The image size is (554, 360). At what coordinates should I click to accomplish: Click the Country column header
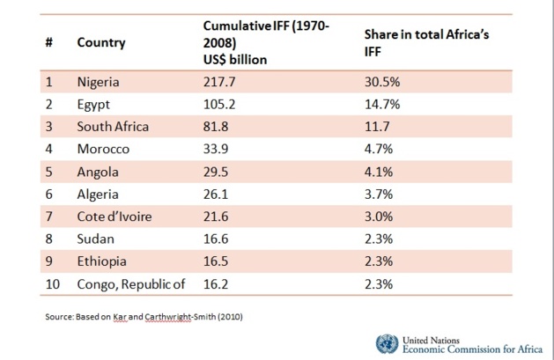[100, 42]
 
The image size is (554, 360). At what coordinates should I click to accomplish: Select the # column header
[48, 42]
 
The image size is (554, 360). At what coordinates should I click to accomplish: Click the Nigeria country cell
[98, 83]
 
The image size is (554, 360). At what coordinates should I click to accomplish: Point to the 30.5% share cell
[382, 83]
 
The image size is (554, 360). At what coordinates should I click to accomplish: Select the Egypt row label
[92, 104]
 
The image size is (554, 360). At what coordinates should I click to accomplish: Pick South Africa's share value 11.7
[378, 126]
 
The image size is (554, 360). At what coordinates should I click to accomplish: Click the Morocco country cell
[103, 149]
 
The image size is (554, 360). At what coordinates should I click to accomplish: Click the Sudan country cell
[95, 239]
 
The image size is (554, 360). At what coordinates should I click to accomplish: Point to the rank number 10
[52, 283]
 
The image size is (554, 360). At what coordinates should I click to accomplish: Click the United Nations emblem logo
[386, 343]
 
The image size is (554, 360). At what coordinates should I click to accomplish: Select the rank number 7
[48, 216]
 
